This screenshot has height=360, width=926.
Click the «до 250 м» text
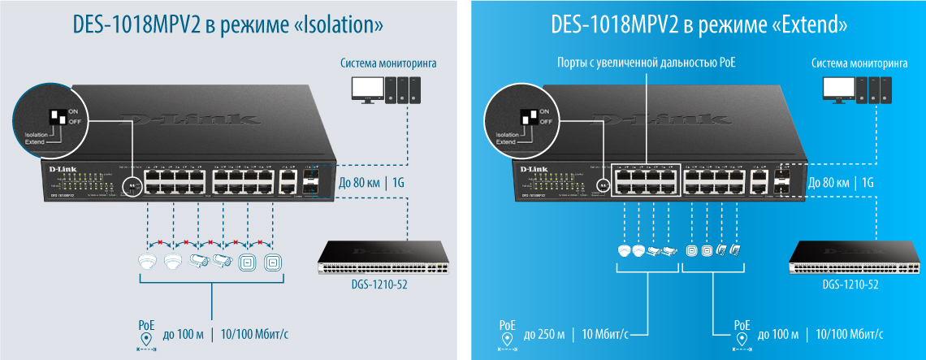pos(544,334)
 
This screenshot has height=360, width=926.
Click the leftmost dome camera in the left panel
pos(147,262)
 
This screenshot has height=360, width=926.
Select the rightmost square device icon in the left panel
pos(272,262)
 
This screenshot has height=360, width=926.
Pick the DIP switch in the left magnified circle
pos(58,116)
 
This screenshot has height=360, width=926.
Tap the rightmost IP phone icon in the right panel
pos(735,251)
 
